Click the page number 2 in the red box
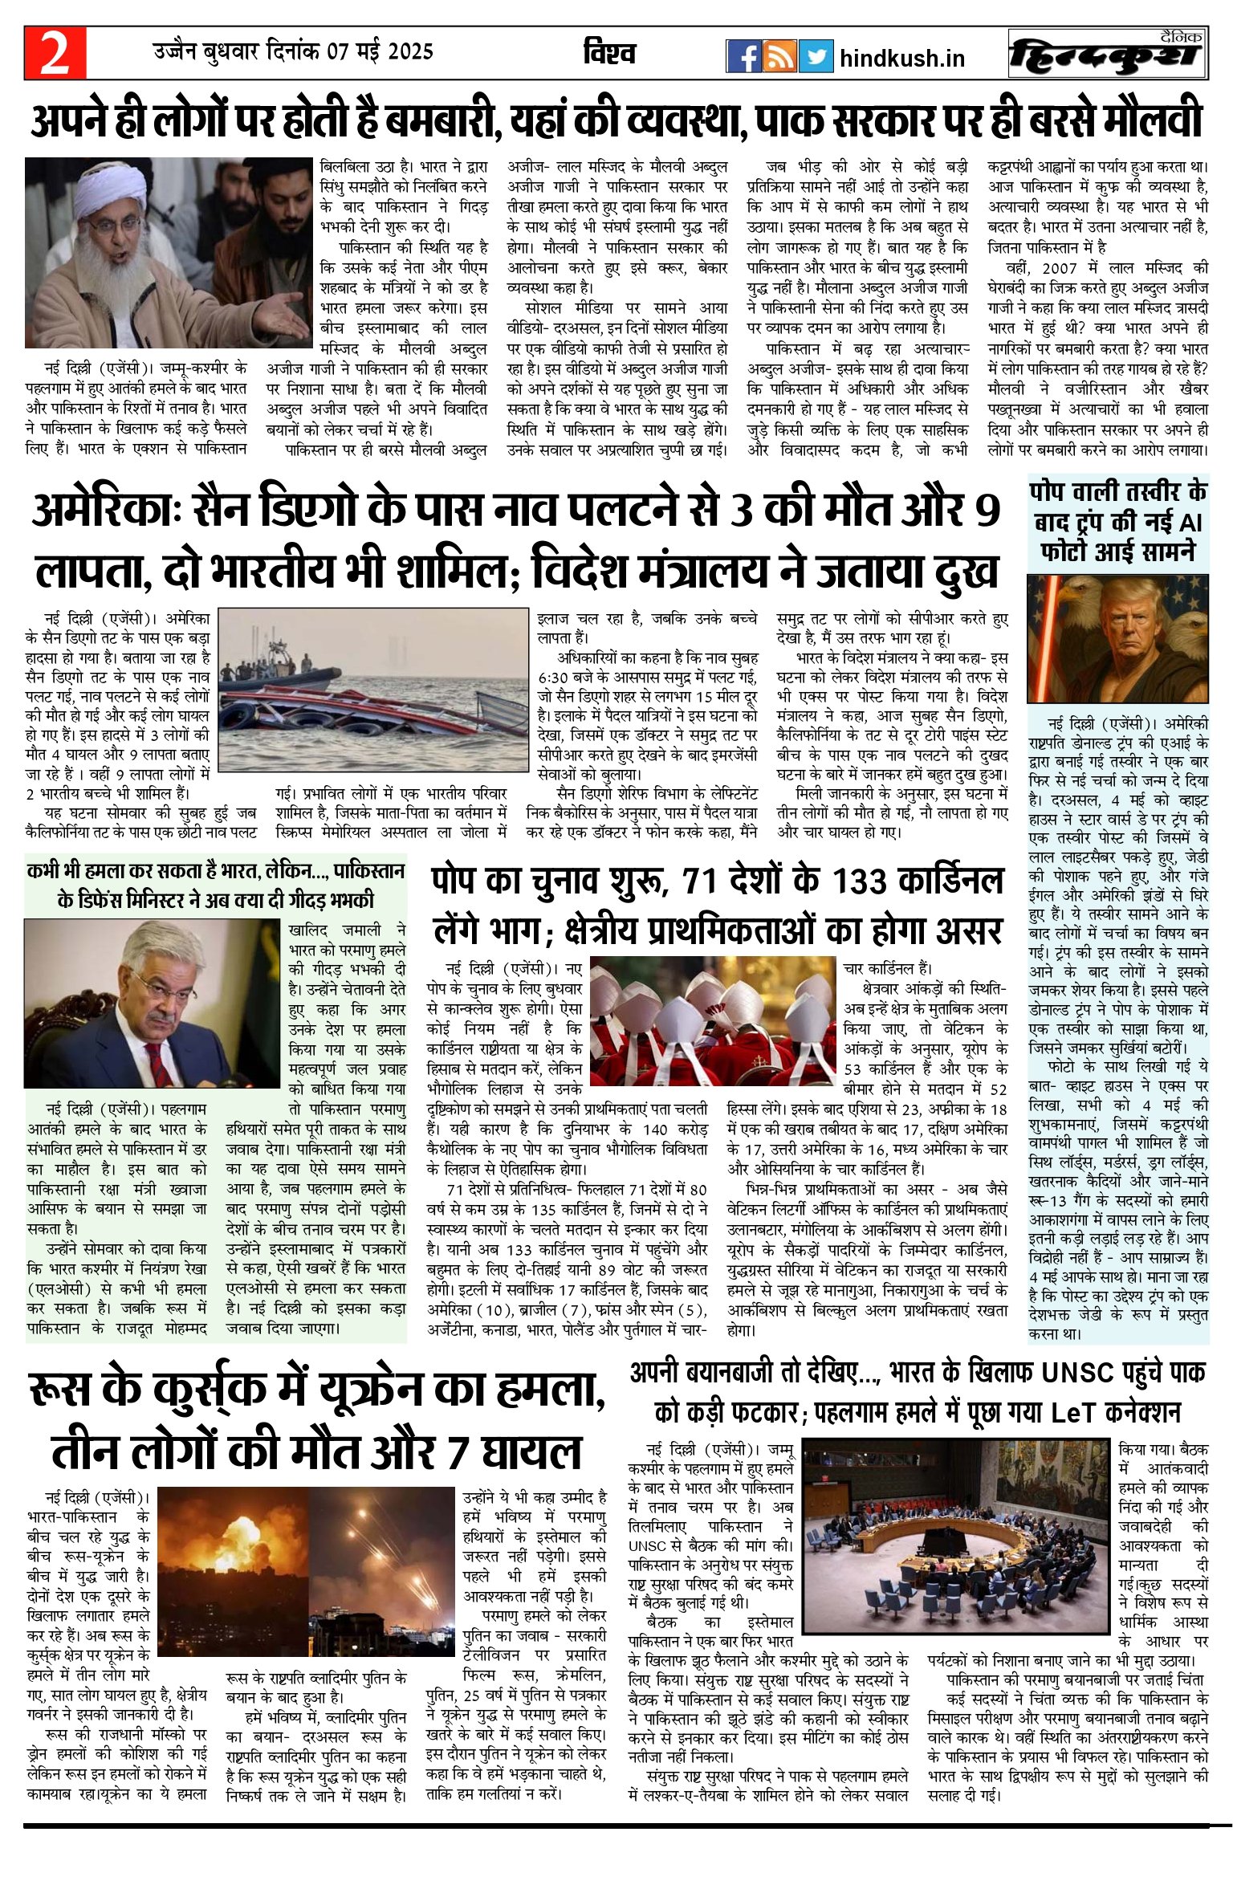point(55,54)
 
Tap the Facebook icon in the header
point(743,56)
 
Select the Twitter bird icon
point(816,56)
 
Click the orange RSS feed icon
point(779,56)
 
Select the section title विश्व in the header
point(609,53)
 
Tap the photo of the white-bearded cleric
point(169,252)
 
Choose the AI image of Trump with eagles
point(1117,638)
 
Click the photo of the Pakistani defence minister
point(153,1003)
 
